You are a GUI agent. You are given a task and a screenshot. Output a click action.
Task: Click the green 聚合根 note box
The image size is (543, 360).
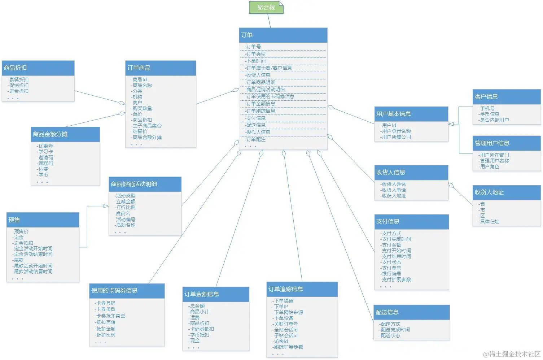(x=266, y=8)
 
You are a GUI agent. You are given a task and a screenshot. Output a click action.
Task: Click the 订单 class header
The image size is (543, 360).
(x=283, y=35)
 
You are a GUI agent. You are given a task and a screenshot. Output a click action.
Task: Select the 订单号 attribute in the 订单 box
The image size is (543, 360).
(x=253, y=47)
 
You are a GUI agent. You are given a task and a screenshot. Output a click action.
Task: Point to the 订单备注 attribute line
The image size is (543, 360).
(x=256, y=139)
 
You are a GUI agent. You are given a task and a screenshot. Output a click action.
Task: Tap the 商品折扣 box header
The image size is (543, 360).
(x=38, y=68)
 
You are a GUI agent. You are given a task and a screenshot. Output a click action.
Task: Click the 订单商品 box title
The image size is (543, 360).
(x=161, y=68)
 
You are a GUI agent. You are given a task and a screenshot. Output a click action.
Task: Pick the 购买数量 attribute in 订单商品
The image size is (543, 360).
(x=142, y=108)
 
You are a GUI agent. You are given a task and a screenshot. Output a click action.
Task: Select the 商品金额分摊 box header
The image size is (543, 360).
(x=65, y=134)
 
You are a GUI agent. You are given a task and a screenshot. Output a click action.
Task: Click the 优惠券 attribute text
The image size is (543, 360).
(x=46, y=146)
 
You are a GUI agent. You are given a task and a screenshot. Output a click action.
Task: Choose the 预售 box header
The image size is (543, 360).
(x=43, y=220)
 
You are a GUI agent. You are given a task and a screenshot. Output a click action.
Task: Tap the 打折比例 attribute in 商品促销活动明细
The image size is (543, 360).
(x=126, y=207)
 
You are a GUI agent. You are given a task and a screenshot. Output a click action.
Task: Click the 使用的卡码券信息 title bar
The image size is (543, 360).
(x=127, y=291)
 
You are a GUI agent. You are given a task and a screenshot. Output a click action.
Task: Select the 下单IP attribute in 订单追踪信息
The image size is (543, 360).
(x=281, y=307)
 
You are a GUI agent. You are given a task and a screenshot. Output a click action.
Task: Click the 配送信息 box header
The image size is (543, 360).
(x=411, y=312)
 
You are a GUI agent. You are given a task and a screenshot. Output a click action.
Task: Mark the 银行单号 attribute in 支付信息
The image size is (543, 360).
(x=391, y=274)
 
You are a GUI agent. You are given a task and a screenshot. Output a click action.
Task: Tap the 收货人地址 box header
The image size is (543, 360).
(x=506, y=192)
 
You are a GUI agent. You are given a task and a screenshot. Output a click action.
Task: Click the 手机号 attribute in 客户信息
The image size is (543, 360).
(x=487, y=108)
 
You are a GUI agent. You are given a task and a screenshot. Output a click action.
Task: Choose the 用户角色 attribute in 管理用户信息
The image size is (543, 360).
(x=490, y=166)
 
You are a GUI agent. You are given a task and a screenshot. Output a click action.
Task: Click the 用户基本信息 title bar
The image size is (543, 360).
(x=411, y=114)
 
